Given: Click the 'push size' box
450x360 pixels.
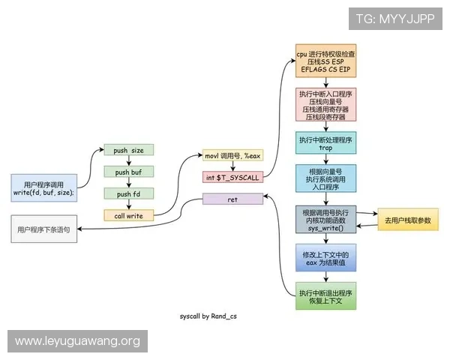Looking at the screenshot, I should [128, 151].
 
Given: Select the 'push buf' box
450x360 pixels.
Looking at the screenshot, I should [128, 172].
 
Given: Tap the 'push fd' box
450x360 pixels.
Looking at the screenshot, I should [128, 194].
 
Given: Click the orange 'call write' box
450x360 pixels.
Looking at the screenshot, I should [128, 216].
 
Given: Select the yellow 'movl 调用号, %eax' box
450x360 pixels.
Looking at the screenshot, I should [232, 156].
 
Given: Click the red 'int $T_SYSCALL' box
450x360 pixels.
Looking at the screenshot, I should [232, 177].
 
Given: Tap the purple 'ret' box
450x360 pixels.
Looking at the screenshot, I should [232, 199].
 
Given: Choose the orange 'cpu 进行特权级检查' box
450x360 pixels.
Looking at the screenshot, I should [325, 61].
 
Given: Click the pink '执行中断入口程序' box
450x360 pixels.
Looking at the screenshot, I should [325, 104].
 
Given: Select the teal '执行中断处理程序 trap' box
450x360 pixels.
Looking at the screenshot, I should [325, 143].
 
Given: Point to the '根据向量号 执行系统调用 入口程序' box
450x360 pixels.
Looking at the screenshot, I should [325, 181].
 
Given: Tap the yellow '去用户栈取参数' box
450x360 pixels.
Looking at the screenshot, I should [407, 220].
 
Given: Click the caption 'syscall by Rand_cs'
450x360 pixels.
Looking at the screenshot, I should [208, 316].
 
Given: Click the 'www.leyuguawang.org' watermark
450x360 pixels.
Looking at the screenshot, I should [78, 341].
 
